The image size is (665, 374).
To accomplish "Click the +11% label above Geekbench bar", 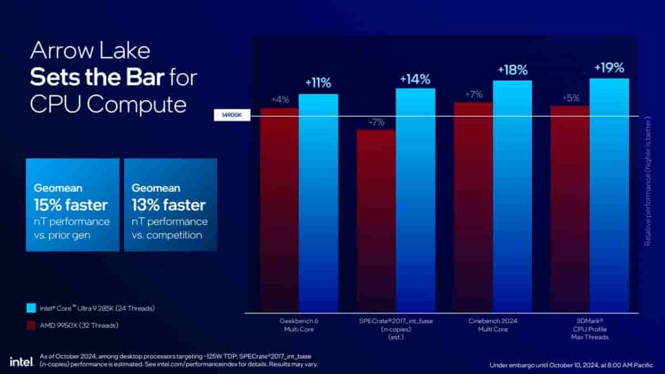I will pos(318,84).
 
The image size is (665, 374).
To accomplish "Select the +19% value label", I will pos(609,68).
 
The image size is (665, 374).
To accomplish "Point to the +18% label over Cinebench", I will pos(512,70).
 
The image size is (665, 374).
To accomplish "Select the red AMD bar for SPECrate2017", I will pos(376,222).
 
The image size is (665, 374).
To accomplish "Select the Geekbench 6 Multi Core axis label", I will pos(299,325).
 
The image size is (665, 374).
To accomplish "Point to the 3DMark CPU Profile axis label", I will pos(590,329).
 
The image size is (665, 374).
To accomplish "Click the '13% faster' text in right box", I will pos(168,205).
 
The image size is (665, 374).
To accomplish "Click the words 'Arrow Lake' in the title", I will pos(90,51).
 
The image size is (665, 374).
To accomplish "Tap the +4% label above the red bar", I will pos(279,100).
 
